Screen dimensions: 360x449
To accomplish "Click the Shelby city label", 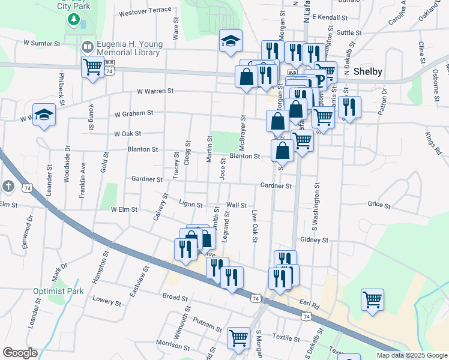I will pos(369,71).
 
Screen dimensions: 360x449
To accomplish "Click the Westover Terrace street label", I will pos(145,11).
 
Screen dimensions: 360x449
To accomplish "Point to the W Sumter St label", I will pos(42,44).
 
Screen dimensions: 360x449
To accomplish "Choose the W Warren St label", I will pos(155,91).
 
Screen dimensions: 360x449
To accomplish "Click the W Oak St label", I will pos(127,133).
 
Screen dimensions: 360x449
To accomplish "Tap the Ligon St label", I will pos(191,204).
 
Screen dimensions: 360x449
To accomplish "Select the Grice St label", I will pos(379,205).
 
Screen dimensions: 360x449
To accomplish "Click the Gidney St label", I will pos(314,239).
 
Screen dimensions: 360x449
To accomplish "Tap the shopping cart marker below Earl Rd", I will pos(372,299).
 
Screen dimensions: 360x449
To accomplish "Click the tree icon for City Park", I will pos(74,20).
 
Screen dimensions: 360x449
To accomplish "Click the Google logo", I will pos(20,353).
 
